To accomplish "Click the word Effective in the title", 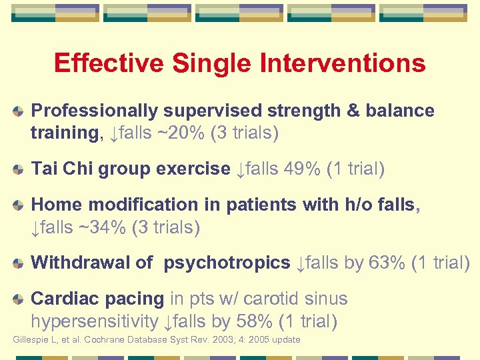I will tap(109, 63).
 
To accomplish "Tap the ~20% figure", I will tap(180, 133).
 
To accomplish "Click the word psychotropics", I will tap(227, 263).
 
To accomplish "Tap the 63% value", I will tap(387, 263).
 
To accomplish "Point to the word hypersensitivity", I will tap(94, 322).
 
